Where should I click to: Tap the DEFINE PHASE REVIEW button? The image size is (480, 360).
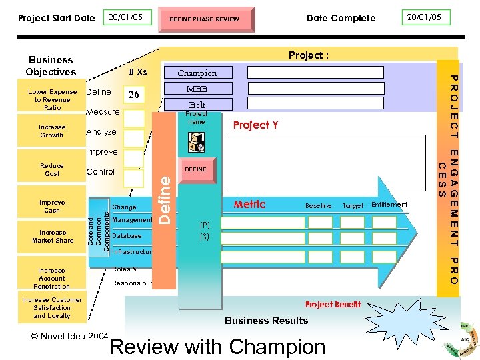(204, 19)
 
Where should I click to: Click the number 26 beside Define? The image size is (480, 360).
(134, 95)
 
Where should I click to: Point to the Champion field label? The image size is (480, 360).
(197, 73)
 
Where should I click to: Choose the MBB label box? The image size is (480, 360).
(197, 89)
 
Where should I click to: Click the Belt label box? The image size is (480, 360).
(197, 105)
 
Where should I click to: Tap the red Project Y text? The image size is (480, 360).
(255, 125)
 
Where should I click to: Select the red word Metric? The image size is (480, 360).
(249, 205)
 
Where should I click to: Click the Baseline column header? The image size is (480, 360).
(318, 206)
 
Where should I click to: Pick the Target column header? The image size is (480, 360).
(353, 206)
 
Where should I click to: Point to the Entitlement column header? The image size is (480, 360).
(389, 205)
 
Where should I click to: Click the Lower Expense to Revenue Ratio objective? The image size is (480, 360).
(52, 99)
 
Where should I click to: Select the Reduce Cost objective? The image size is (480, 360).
(52, 169)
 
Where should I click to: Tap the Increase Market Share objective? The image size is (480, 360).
(53, 237)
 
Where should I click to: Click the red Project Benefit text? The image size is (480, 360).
(333, 305)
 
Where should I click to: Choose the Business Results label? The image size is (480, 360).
(266, 321)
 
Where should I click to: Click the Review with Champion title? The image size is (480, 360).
(217, 347)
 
